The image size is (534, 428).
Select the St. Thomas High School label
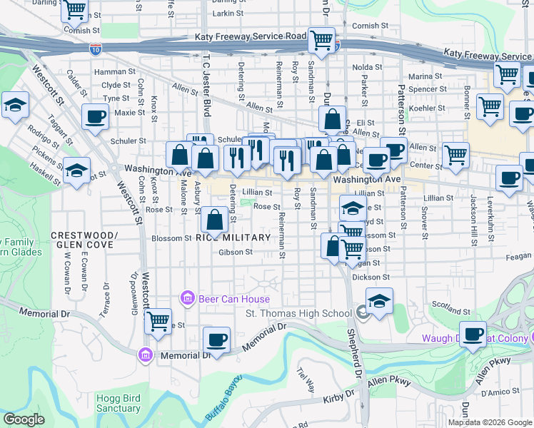(x=298, y=313)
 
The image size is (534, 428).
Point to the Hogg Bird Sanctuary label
(x=118, y=403)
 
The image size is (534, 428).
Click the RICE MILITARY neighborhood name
(x=233, y=238)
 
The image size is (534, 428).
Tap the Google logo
(x=24, y=419)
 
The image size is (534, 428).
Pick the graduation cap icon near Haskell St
(x=76, y=171)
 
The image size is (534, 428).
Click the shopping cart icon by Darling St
(x=75, y=10)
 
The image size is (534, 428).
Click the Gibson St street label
(x=236, y=252)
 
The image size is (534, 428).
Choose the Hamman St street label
(x=119, y=71)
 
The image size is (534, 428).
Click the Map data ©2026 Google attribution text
(x=489, y=422)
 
